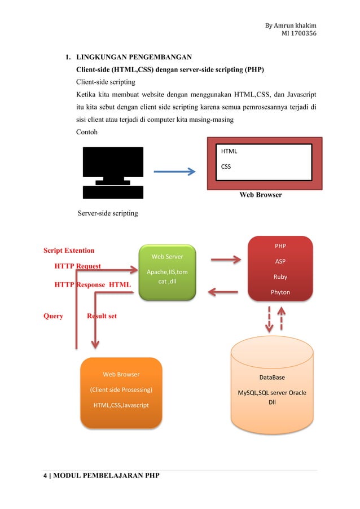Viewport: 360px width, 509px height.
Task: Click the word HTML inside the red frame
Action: coord(229,152)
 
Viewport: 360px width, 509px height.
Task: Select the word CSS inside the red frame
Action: coord(226,166)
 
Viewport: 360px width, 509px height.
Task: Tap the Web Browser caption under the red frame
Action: coord(261,195)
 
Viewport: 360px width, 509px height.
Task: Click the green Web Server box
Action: coord(168,271)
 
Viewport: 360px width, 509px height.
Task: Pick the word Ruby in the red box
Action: coord(280,277)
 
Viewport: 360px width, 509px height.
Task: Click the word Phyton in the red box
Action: coord(280,292)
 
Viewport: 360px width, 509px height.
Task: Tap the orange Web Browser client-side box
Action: coord(121,390)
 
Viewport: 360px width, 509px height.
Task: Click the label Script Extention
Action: coord(69,250)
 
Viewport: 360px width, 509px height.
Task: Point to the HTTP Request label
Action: coord(77,266)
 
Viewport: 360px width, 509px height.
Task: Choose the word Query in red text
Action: coord(53,316)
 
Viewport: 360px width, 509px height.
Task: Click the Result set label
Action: coord(102,316)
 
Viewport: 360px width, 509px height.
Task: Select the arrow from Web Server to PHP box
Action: coord(225,260)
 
